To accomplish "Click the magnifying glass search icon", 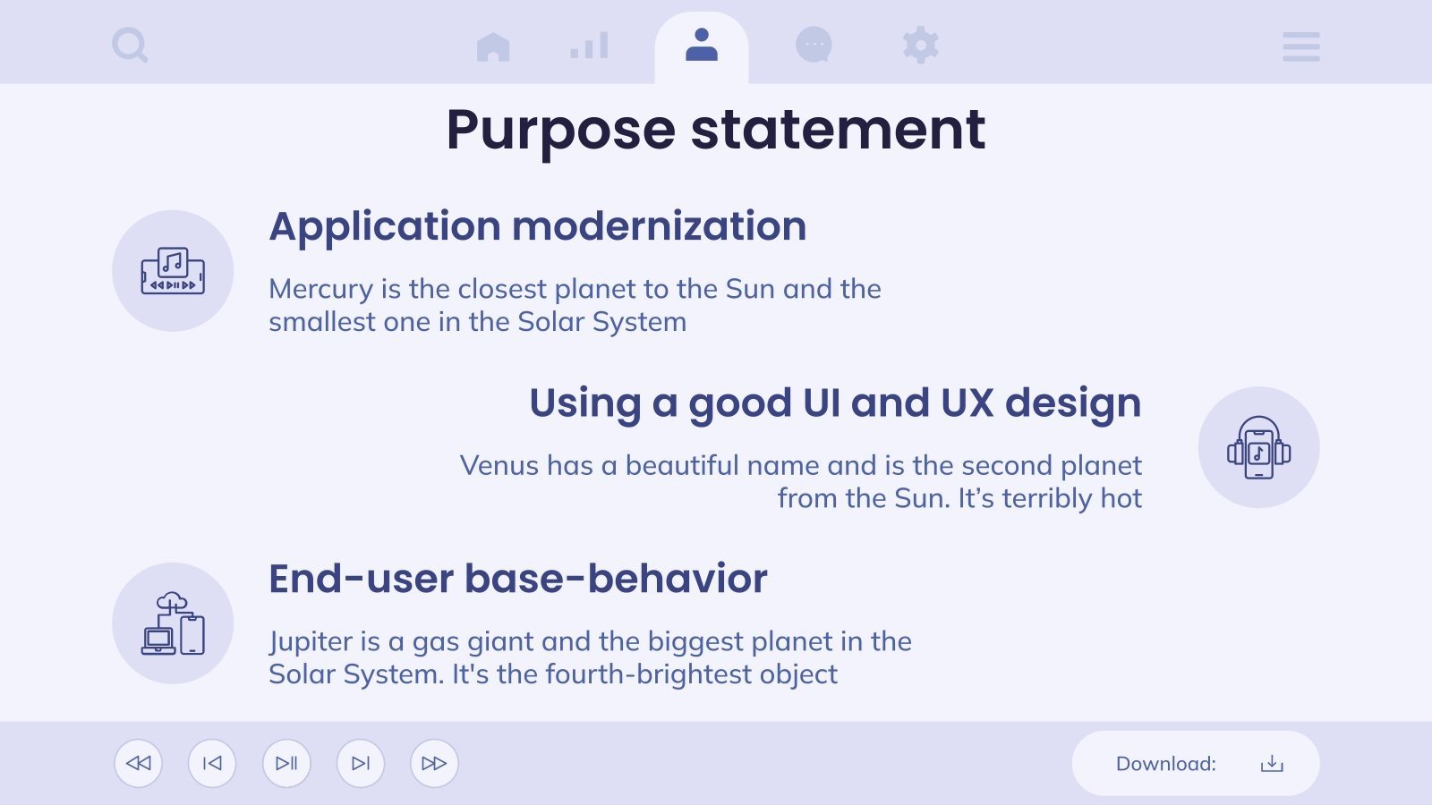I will [130, 45].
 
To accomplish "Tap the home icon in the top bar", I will [493, 47].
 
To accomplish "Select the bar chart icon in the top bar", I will [590, 46].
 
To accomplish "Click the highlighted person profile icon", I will [702, 46].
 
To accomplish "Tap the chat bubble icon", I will [814, 45].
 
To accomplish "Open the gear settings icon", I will [921, 45].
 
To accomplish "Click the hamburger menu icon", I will [1300, 47].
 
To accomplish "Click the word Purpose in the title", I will [560, 131].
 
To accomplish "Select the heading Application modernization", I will [538, 226].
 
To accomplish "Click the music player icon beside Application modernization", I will [173, 271].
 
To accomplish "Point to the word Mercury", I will [320, 289].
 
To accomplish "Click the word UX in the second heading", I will [967, 403].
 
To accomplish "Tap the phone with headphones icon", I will [1258, 447].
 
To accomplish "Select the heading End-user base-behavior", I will [518, 579].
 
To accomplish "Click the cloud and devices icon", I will [173, 623].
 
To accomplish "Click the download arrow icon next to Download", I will [1272, 764].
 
